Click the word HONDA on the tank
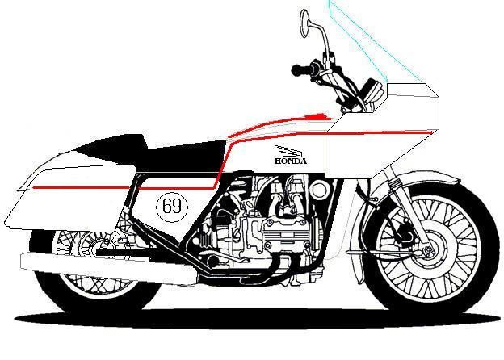290,161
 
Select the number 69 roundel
171,206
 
